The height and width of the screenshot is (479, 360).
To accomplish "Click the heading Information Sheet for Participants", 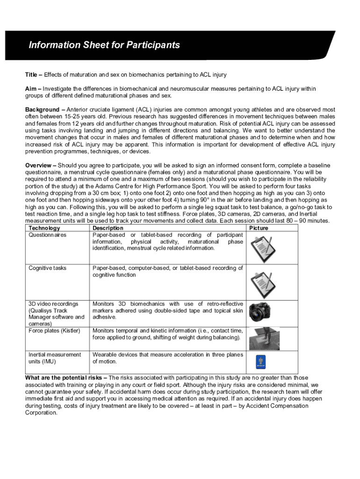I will pos(104,45).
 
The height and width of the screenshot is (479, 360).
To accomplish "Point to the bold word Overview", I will pos(39,166).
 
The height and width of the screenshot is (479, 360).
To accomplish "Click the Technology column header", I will pos(44,228).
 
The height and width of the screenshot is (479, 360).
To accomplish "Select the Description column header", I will pos(108,228).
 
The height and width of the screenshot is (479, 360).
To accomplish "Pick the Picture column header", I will pos(259,228).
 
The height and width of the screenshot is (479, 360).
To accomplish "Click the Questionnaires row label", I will pos(47,235).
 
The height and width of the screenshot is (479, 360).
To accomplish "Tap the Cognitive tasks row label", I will pos(47,268).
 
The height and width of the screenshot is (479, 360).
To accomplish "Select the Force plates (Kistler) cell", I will pos(54,331).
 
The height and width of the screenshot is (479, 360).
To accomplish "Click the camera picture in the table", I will pos(260,311).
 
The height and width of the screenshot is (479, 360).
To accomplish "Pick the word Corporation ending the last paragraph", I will pos(41,413).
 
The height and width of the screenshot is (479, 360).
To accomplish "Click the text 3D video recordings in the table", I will pos(53,304).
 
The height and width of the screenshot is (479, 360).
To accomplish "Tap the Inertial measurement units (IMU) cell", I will pos(54,358).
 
